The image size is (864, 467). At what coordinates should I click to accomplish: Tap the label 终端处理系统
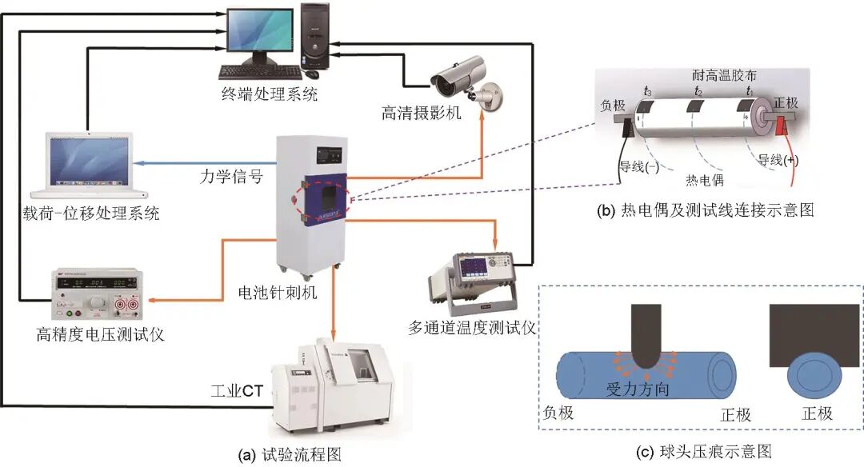tap(270, 94)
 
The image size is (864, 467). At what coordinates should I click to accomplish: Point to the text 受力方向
tap(637, 389)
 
